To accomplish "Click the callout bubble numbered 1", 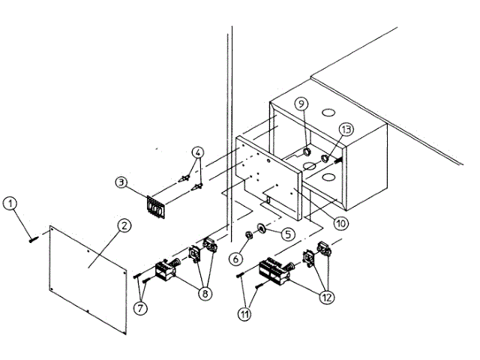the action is (10, 203).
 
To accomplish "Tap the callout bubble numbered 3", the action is (121, 182).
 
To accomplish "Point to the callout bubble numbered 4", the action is (197, 153).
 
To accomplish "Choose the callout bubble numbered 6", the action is (235, 259).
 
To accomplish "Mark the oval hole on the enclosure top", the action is (328, 112).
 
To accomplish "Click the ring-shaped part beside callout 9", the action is (307, 152).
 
